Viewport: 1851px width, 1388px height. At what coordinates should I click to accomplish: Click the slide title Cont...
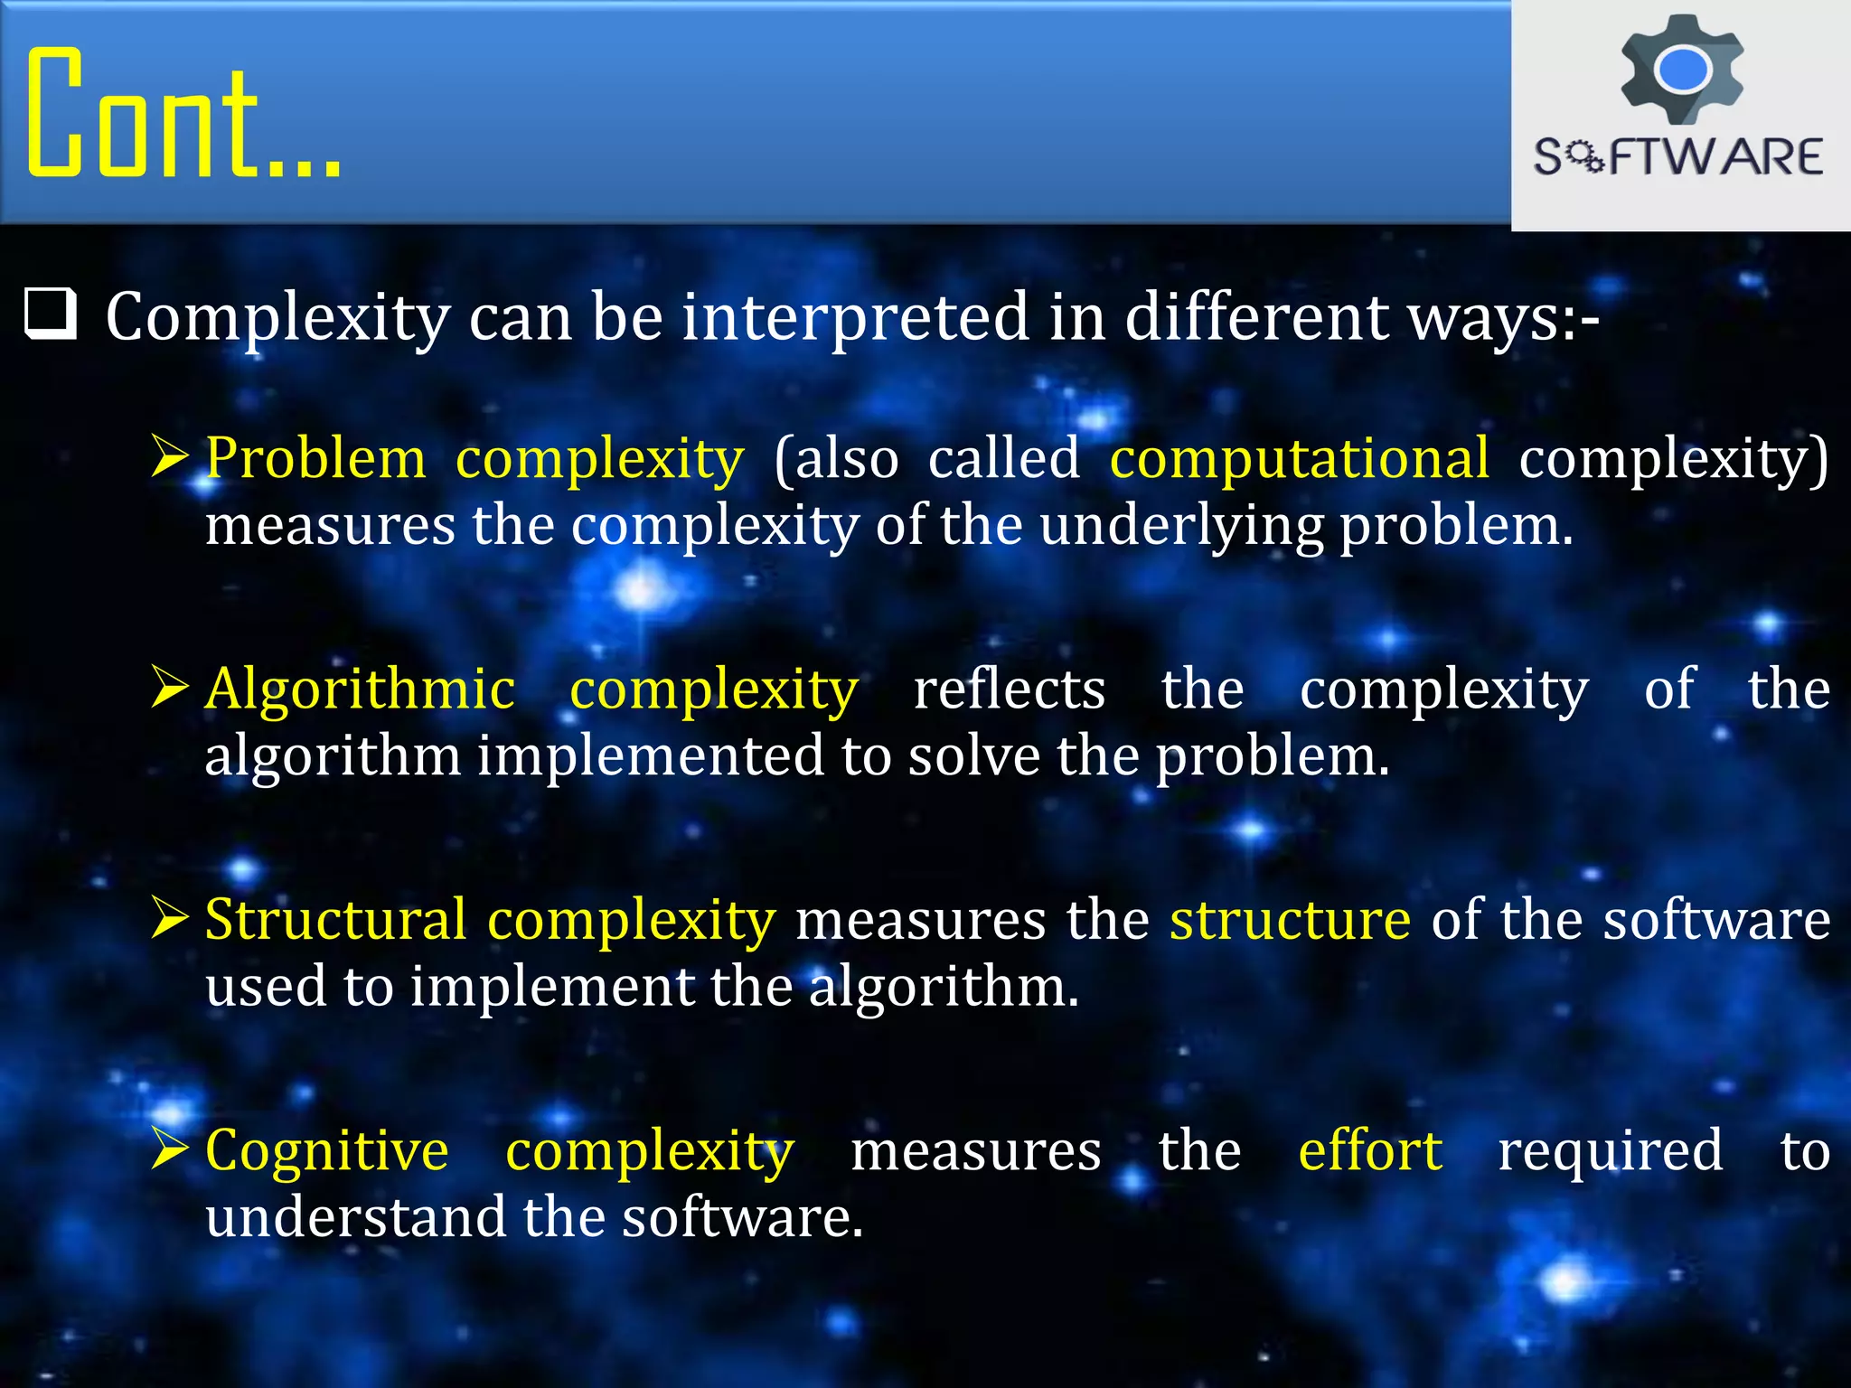click(181, 113)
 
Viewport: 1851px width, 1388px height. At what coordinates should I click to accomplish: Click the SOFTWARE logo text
click(1678, 157)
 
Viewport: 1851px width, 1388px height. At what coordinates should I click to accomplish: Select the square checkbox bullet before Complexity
click(50, 314)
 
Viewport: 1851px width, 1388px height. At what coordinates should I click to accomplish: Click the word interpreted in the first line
click(855, 317)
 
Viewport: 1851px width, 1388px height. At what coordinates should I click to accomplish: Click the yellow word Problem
click(315, 458)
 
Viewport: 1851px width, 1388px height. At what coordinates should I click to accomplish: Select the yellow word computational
click(1299, 458)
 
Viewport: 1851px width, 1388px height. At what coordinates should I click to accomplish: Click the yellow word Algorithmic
click(360, 689)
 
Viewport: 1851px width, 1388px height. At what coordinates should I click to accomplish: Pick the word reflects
click(1009, 689)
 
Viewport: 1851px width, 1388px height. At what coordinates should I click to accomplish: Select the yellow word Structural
click(335, 920)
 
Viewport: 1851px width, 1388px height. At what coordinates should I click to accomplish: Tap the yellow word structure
click(1290, 920)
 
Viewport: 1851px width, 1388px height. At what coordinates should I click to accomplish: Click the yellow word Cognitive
click(326, 1151)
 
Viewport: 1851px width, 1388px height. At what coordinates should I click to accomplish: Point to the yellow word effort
click(1369, 1151)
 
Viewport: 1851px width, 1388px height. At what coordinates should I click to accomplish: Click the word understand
click(355, 1217)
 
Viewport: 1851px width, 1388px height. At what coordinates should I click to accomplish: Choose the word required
click(1610, 1151)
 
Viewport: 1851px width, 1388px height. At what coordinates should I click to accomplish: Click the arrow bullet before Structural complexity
click(169, 918)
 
